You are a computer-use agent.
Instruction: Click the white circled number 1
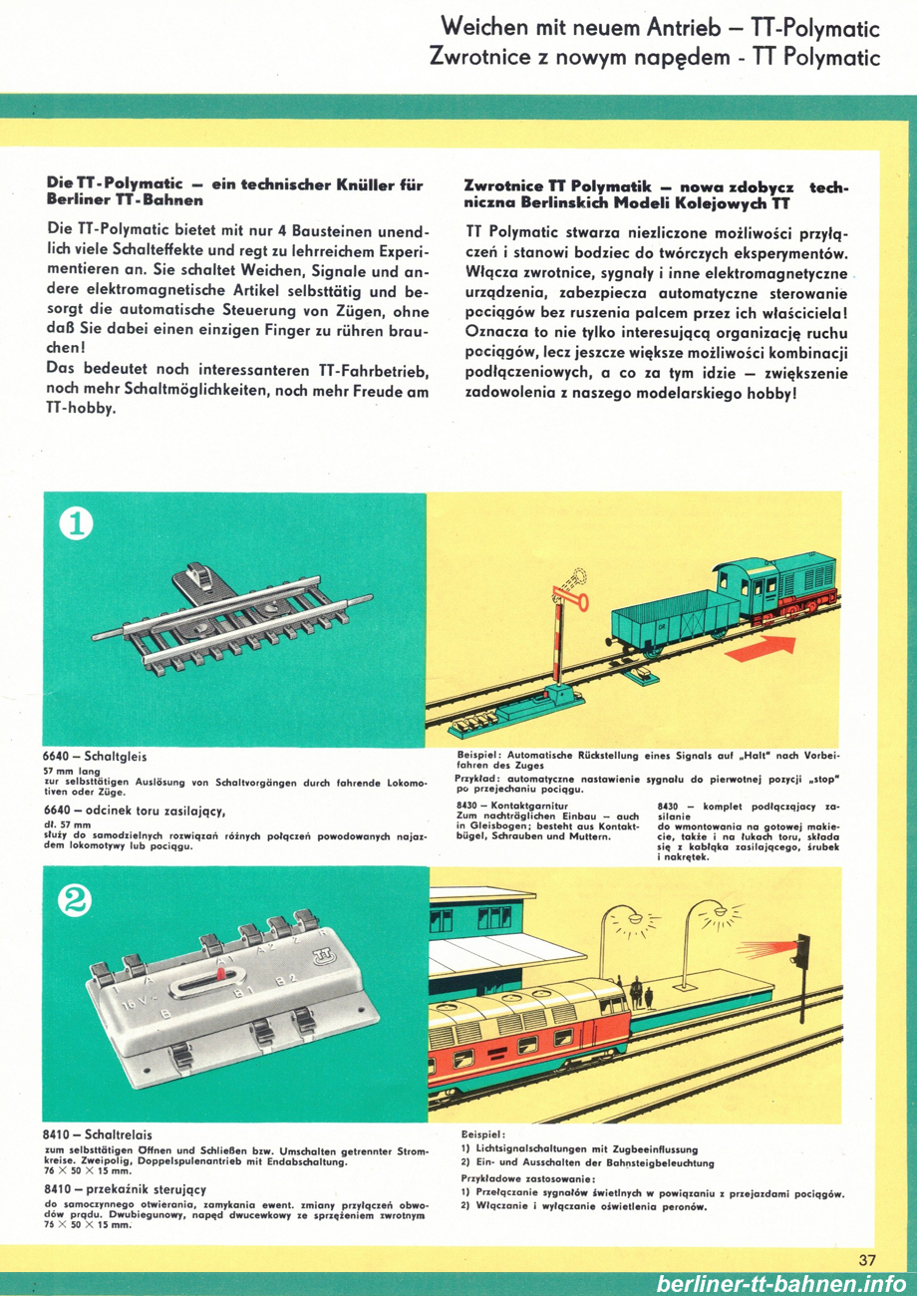(x=76, y=523)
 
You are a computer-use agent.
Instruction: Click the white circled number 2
(x=76, y=901)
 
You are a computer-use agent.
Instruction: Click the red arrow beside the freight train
(x=761, y=646)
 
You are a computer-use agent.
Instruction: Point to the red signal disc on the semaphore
(x=580, y=601)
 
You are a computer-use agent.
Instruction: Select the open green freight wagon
(x=674, y=622)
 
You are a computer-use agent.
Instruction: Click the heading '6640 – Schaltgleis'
(x=95, y=757)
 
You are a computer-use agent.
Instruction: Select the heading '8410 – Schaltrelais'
(x=98, y=1134)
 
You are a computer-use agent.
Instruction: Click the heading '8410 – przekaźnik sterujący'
(x=125, y=1189)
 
